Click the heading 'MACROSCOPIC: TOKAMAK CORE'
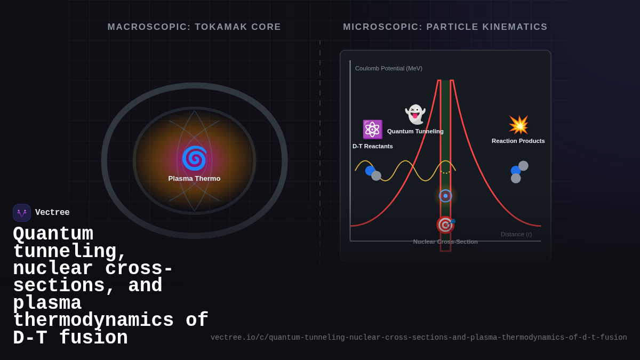[x=194, y=27]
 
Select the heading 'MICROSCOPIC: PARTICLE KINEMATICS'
[x=445, y=27]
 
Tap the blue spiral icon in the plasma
[x=194, y=158]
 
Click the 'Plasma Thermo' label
[x=194, y=179]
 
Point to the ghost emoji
[x=415, y=114]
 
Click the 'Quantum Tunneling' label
[x=415, y=131]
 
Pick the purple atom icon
[x=372, y=129]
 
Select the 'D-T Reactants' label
[x=372, y=146]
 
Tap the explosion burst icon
[x=518, y=125]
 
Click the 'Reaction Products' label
[x=518, y=141]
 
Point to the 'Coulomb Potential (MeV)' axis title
[x=388, y=68]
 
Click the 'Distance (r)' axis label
[x=516, y=234]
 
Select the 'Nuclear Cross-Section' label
[x=445, y=242]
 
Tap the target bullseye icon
[x=445, y=225]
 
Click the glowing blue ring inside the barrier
[x=445, y=196]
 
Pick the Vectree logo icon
[x=22, y=213]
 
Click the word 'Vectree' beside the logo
[x=52, y=213]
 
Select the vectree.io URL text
[x=419, y=338]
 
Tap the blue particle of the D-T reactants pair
[x=370, y=171]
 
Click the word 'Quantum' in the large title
[x=53, y=234]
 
